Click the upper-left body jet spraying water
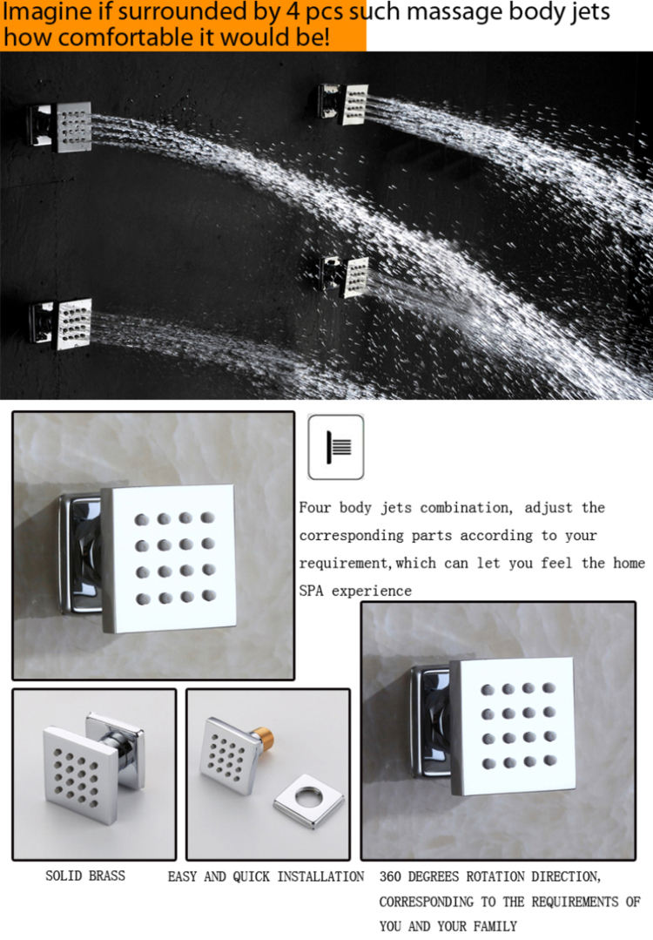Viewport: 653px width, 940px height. (x=61, y=125)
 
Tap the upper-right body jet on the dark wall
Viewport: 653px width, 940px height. (x=344, y=104)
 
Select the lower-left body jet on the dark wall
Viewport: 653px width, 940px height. (x=60, y=324)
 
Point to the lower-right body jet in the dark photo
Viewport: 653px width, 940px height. (x=346, y=277)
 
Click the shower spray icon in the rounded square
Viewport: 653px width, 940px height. (x=336, y=447)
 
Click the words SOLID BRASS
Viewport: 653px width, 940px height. (x=85, y=876)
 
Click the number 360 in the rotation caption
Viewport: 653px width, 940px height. (x=391, y=876)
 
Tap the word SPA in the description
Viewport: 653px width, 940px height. (x=311, y=591)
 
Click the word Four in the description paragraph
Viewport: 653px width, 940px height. (x=315, y=507)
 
